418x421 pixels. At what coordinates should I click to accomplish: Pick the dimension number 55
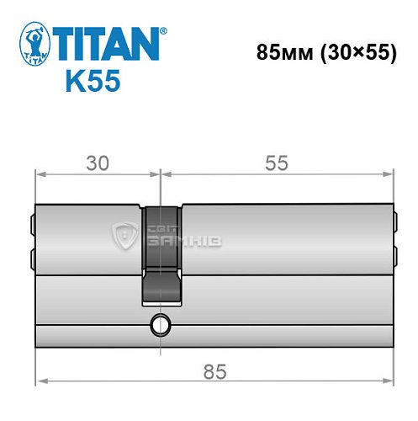(276, 164)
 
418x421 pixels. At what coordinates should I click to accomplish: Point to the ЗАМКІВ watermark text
(173, 241)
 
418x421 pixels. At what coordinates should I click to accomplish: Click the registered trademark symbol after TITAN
(162, 31)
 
